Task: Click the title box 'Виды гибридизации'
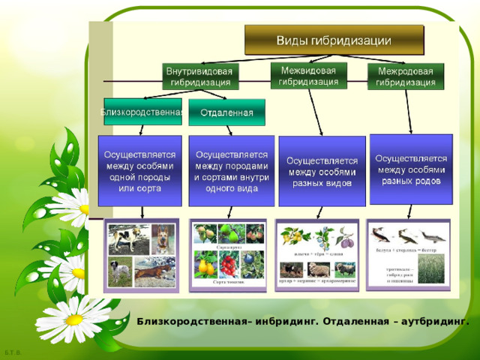tap(334, 40)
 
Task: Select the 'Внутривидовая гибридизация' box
tap(199, 76)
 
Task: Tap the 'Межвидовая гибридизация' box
tap(307, 75)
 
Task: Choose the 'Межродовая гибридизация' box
tap(405, 76)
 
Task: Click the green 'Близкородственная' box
tap(142, 112)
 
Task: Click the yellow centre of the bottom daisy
tap(74, 319)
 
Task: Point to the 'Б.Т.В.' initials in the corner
tap(12, 352)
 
